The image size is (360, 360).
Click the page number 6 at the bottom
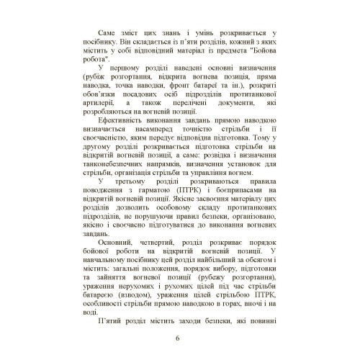click(179, 339)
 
